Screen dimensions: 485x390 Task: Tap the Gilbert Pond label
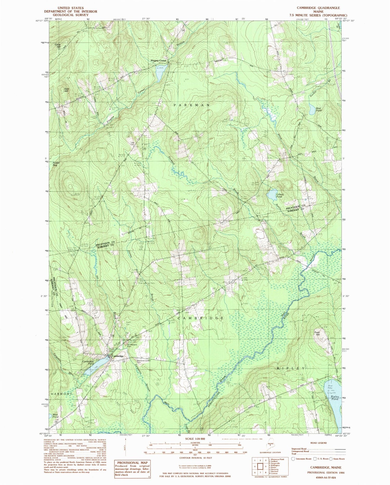tap(279, 195)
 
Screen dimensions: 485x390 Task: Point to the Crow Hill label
tap(57, 45)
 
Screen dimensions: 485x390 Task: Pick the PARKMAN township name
tap(191, 105)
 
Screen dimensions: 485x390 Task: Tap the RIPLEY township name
tap(290, 368)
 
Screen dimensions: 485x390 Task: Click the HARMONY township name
tap(61, 394)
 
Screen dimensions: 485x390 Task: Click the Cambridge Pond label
tap(88, 362)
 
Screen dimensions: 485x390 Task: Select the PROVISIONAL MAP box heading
tap(132, 462)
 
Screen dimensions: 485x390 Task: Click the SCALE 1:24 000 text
tap(195, 438)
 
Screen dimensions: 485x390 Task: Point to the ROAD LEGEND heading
tap(318, 443)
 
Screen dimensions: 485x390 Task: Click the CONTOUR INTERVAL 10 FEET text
tap(195, 458)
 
